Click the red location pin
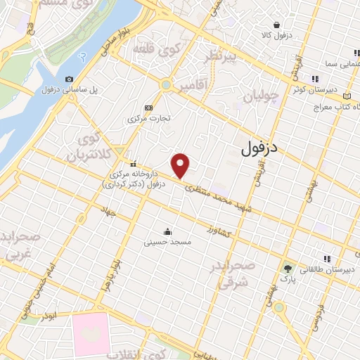point(181,165)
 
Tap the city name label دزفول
point(255,148)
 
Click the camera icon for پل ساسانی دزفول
point(69,79)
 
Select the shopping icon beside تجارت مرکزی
point(148,108)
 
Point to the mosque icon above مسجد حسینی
point(167,231)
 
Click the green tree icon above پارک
point(287,268)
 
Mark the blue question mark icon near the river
point(84,56)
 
